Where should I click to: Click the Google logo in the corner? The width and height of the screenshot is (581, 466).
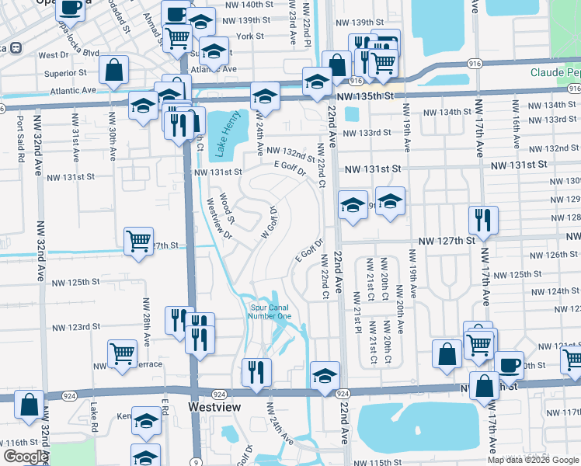[x=25, y=457]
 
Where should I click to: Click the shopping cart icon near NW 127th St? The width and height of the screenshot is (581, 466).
[x=138, y=241]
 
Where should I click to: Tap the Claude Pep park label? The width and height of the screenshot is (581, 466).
[x=555, y=72]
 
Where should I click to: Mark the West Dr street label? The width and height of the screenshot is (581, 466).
[x=53, y=55]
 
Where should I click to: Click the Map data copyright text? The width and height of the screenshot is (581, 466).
[x=533, y=460]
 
